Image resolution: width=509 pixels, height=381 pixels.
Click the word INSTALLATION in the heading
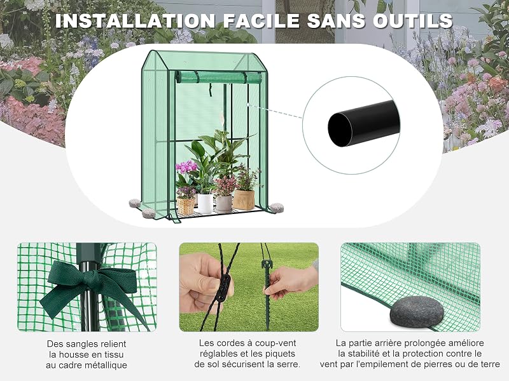(135, 21)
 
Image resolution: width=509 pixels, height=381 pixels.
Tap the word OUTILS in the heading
(412, 21)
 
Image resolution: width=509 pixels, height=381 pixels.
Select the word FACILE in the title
(261, 21)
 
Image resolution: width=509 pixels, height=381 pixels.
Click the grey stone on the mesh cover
(417, 312)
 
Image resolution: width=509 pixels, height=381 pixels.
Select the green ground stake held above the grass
(267, 291)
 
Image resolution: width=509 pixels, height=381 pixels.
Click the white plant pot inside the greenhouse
(205, 203)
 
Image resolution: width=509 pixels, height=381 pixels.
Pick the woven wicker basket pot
(186, 206)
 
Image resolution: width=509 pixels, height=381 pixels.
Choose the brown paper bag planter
(244, 199)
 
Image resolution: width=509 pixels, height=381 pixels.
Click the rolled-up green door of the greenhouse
(218, 77)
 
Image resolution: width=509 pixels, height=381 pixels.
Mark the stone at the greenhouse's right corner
(277, 208)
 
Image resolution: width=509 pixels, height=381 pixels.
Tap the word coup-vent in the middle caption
(275, 343)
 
